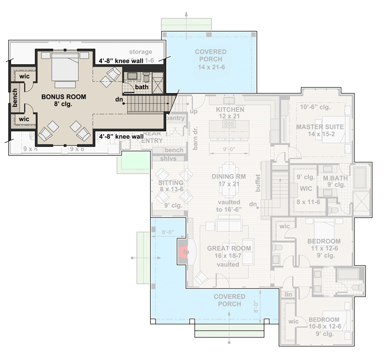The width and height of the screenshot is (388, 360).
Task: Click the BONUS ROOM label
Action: click(x=63, y=97)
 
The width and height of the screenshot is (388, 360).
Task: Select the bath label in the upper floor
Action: click(x=141, y=87)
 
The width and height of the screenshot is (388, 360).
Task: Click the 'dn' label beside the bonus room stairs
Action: click(x=119, y=99)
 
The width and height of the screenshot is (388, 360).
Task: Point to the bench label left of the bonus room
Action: click(x=15, y=97)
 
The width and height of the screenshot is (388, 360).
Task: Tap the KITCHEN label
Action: click(x=230, y=110)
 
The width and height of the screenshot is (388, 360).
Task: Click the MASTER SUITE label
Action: click(x=319, y=127)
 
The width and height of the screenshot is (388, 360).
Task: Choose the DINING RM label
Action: click(x=229, y=176)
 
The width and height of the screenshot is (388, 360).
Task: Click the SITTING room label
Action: click(x=171, y=183)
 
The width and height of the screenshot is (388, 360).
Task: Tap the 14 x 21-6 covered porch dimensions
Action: click(x=211, y=66)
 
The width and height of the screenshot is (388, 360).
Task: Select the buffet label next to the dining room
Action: click(x=258, y=183)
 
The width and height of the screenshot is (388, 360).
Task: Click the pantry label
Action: click(x=175, y=118)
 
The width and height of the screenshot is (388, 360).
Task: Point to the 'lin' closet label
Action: click(x=288, y=294)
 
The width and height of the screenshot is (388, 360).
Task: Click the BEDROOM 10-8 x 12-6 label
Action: click(x=324, y=320)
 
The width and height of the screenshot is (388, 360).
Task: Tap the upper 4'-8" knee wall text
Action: click(x=121, y=62)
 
